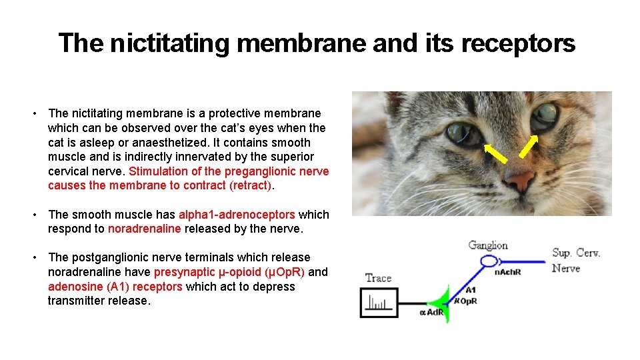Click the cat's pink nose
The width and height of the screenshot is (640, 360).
pos(520,179)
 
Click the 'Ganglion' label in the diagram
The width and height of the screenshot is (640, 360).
pos(487,245)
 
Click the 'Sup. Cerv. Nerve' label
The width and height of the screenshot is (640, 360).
pos(575,261)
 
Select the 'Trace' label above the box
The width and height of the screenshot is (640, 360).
pos(378,278)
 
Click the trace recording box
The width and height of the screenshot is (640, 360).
pos(379,303)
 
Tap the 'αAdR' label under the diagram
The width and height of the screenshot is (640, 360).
pos(431,313)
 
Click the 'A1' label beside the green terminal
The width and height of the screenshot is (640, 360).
pos(470,290)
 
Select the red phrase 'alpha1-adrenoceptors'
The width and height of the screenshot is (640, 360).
pos(237,215)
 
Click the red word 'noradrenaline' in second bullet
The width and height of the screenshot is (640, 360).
pos(144,229)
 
